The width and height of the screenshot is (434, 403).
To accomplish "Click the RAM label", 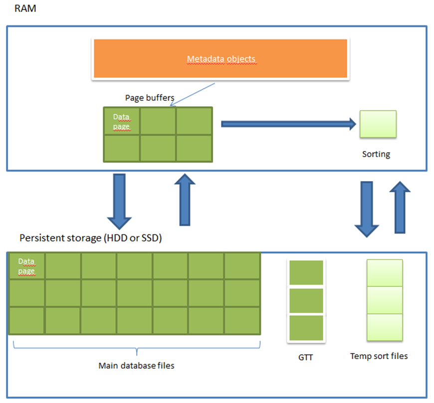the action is click(25, 8).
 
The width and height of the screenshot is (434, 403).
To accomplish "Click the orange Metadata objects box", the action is click(220, 59).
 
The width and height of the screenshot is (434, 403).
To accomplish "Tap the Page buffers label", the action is click(150, 98).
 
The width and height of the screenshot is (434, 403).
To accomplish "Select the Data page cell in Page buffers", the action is click(122, 121).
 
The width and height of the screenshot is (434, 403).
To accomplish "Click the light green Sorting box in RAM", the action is click(378, 124).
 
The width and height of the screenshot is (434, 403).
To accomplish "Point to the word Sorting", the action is click(376, 154).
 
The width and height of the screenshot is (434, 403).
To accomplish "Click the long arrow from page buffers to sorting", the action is click(289, 124).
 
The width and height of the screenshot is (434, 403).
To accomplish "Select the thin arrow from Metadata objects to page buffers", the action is click(193, 94).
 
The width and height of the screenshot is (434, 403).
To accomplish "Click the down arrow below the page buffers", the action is click(119, 201).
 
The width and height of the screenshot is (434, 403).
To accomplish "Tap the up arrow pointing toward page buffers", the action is click(185, 200).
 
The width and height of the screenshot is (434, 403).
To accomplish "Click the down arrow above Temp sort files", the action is click(367, 209).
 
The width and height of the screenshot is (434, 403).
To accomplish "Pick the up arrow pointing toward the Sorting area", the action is click(400, 207).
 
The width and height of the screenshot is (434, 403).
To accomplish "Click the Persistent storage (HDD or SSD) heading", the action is click(90, 238).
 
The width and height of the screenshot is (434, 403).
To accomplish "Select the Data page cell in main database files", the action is click(26, 266).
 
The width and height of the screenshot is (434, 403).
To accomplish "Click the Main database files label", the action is click(137, 366).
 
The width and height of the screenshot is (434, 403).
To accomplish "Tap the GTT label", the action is click(306, 357).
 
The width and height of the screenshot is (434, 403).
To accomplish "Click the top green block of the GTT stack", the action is click(306, 272).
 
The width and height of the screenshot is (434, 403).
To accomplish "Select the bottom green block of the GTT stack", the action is click(306, 328).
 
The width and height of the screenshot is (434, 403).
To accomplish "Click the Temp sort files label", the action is click(379, 356).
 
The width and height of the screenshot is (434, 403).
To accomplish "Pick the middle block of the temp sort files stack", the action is click(385, 300).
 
